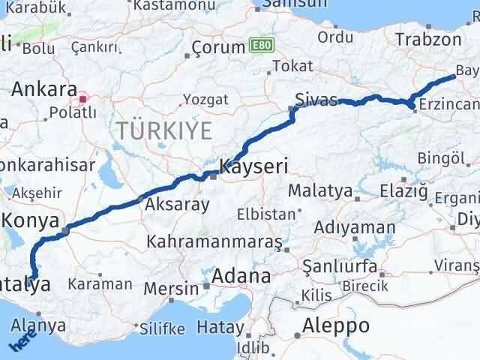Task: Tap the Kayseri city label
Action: pos(253,166)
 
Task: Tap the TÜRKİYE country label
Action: pos(163,130)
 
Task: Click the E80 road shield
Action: pos(261,46)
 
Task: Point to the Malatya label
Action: pos(319,190)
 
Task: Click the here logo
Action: pos(21,342)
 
